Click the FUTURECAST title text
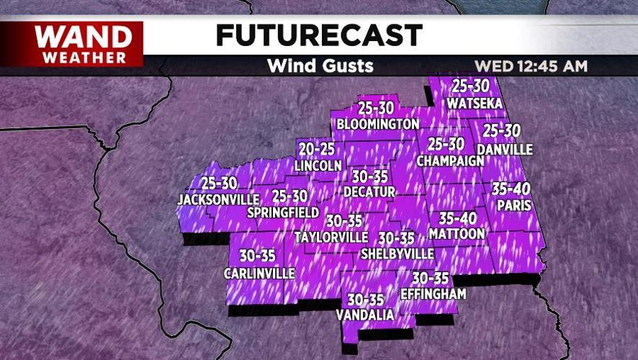(319, 35)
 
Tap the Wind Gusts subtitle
(320, 66)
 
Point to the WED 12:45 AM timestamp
(531, 66)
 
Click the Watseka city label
(472, 103)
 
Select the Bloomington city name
(378, 124)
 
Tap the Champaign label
(450, 160)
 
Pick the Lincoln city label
(318, 166)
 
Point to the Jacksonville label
(218, 199)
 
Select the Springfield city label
(282, 212)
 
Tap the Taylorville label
(332, 237)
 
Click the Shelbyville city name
(397, 253)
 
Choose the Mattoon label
(457, 234)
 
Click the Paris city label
(513, 205)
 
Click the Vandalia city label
(365, 315)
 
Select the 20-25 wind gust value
(318, 149)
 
